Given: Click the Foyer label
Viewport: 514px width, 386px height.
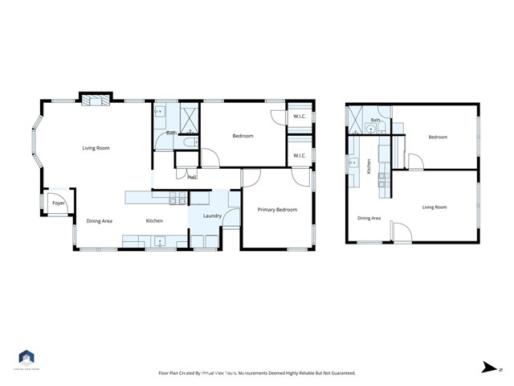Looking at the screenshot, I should coord(59,203).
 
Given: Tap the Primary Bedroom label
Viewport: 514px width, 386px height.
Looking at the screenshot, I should coord(277,210).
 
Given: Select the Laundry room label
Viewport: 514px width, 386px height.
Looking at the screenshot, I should coord(213,216).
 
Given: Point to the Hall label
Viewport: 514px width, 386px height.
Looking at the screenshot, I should coord(192,177).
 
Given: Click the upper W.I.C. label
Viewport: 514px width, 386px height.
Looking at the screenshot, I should coord(300,117).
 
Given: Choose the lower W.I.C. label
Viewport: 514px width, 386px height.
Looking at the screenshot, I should coord(300,155).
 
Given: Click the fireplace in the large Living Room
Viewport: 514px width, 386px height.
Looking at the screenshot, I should coord(96,101).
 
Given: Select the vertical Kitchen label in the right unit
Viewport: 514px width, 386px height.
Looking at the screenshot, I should coord(369,166).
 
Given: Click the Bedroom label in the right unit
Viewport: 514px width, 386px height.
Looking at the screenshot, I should coord(438,137).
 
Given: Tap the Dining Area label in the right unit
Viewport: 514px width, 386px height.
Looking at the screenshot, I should coord(369,217).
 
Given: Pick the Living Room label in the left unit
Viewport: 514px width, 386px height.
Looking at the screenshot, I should coord(96,148).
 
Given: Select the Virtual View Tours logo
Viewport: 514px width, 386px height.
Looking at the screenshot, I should coord(27,359).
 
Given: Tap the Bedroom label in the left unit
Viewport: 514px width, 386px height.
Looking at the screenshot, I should coord(243,136).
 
